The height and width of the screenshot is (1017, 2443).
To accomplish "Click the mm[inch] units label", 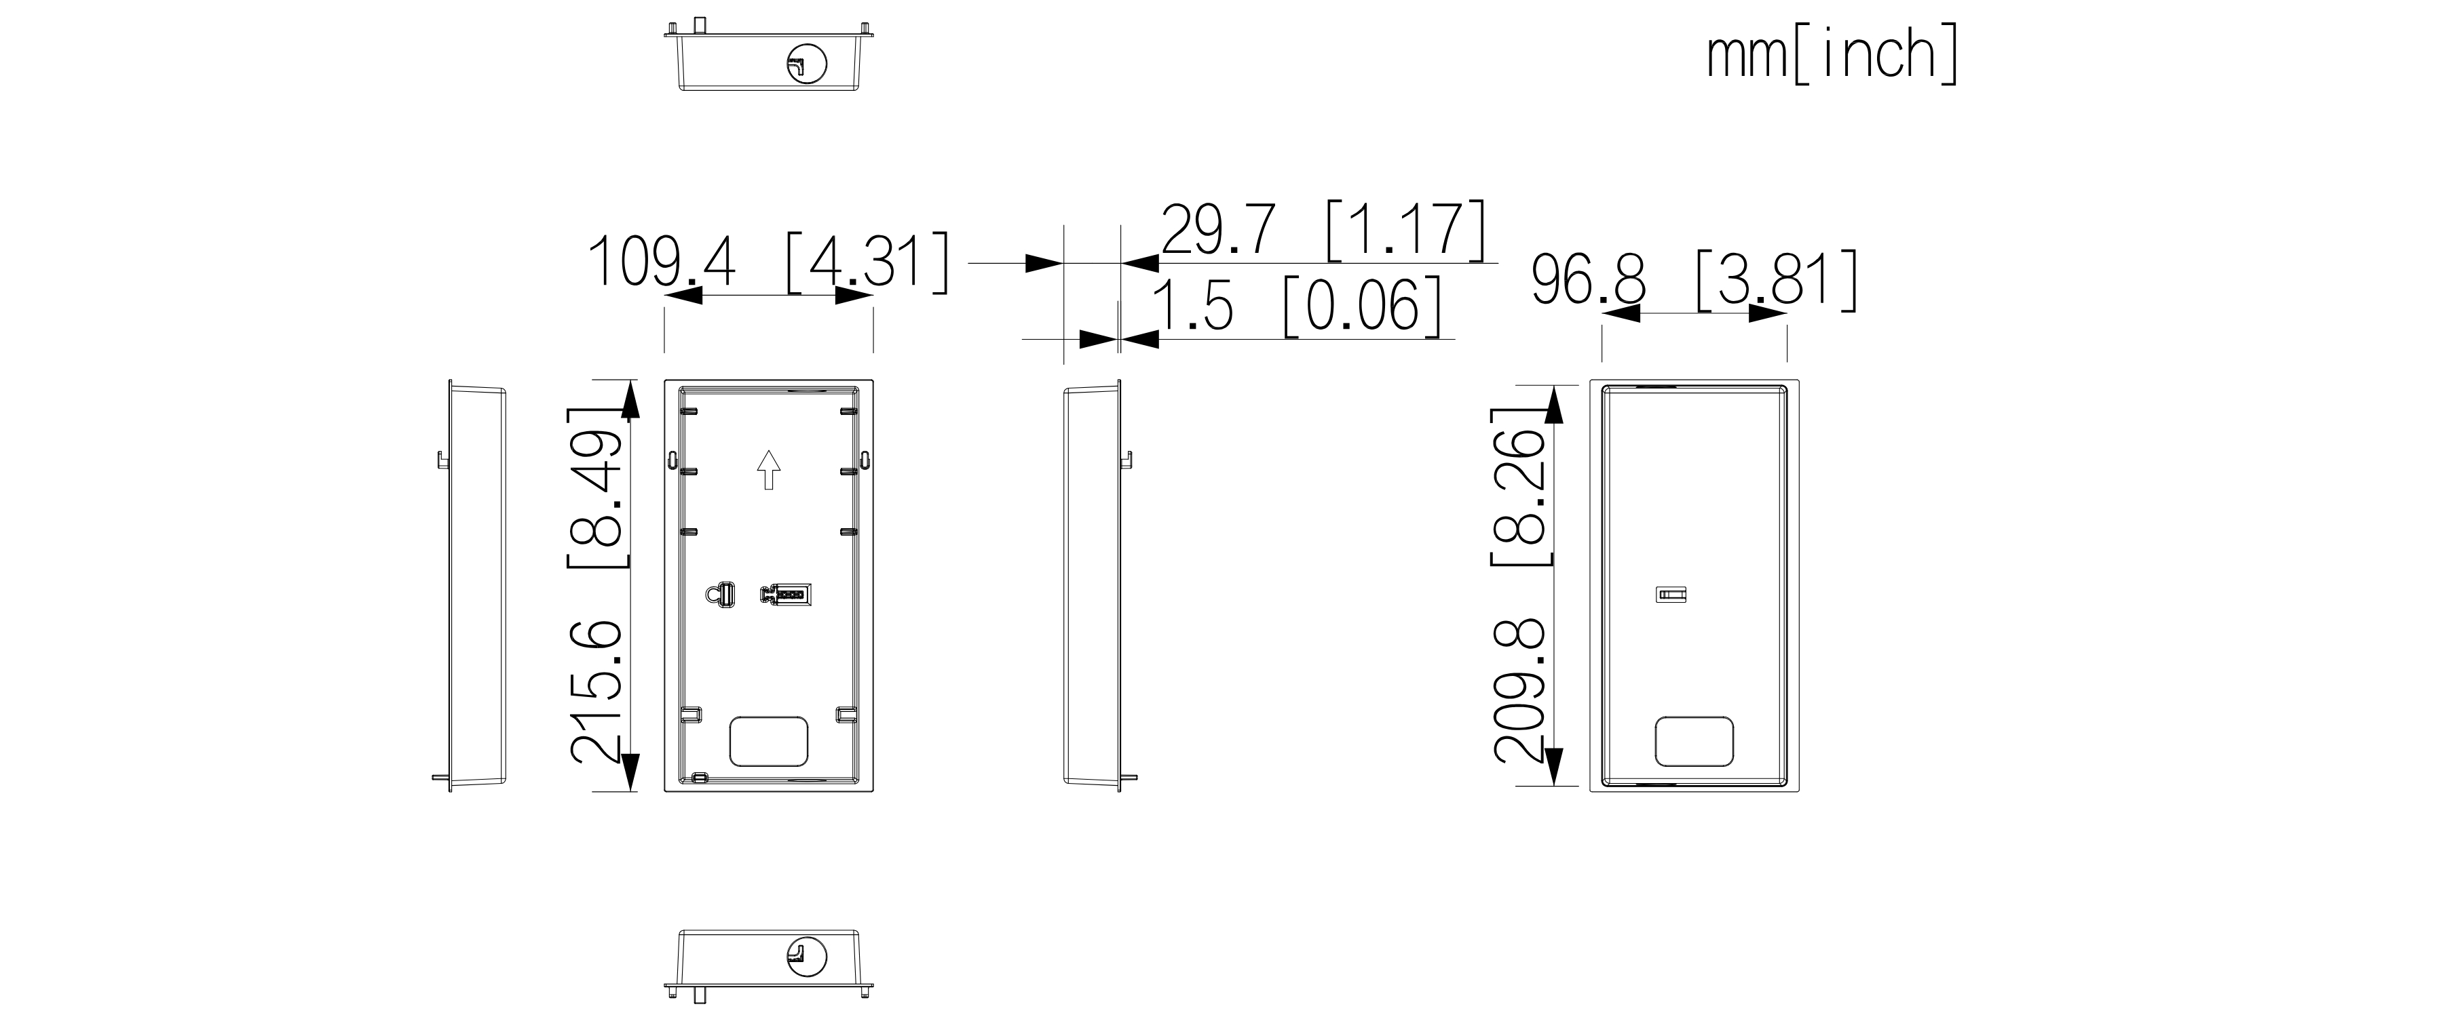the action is tap(1832, 56).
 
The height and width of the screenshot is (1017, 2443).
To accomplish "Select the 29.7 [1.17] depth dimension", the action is tap(1323, 229).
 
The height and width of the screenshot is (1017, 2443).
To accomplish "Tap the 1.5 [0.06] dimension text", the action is tap(1296, 306).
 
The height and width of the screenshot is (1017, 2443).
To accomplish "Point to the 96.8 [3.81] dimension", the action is tap(1694, 281).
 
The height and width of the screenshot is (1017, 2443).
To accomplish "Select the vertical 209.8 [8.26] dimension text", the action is tap(1521, 586).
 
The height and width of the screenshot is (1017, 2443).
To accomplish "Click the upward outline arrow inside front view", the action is tap(768, 470).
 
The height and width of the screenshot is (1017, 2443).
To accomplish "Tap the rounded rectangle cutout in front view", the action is tap(769, 741).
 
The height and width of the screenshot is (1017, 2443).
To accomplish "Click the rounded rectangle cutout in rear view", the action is tap(1694, 741).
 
